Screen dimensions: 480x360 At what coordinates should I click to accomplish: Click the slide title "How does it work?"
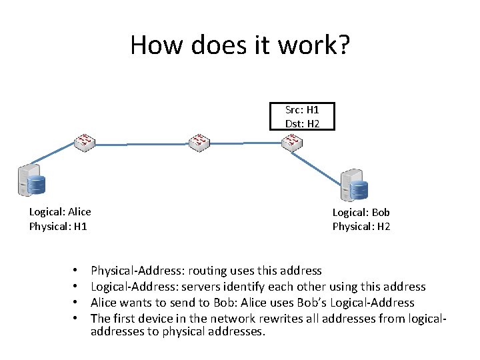[x=240, y=45]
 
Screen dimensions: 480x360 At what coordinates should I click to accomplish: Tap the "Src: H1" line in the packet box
[x=301, y=109]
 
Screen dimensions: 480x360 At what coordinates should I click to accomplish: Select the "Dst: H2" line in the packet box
[x=301, y=123]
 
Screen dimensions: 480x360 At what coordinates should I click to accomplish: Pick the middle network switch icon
[x=199, y=141]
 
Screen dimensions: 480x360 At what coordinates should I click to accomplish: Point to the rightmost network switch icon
[x=291, y=141]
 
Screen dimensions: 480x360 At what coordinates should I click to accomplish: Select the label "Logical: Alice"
[x=60, y=212]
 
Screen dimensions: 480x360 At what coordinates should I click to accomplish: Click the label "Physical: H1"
[x=58, y=227]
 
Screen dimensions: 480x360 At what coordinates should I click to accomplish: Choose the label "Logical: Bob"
[x=361, y=212]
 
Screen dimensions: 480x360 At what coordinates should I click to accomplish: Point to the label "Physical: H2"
[x=361, y=227]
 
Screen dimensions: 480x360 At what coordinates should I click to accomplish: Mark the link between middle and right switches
[x=245, y=142]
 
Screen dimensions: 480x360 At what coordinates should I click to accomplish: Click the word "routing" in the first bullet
[x=207, y=271]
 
